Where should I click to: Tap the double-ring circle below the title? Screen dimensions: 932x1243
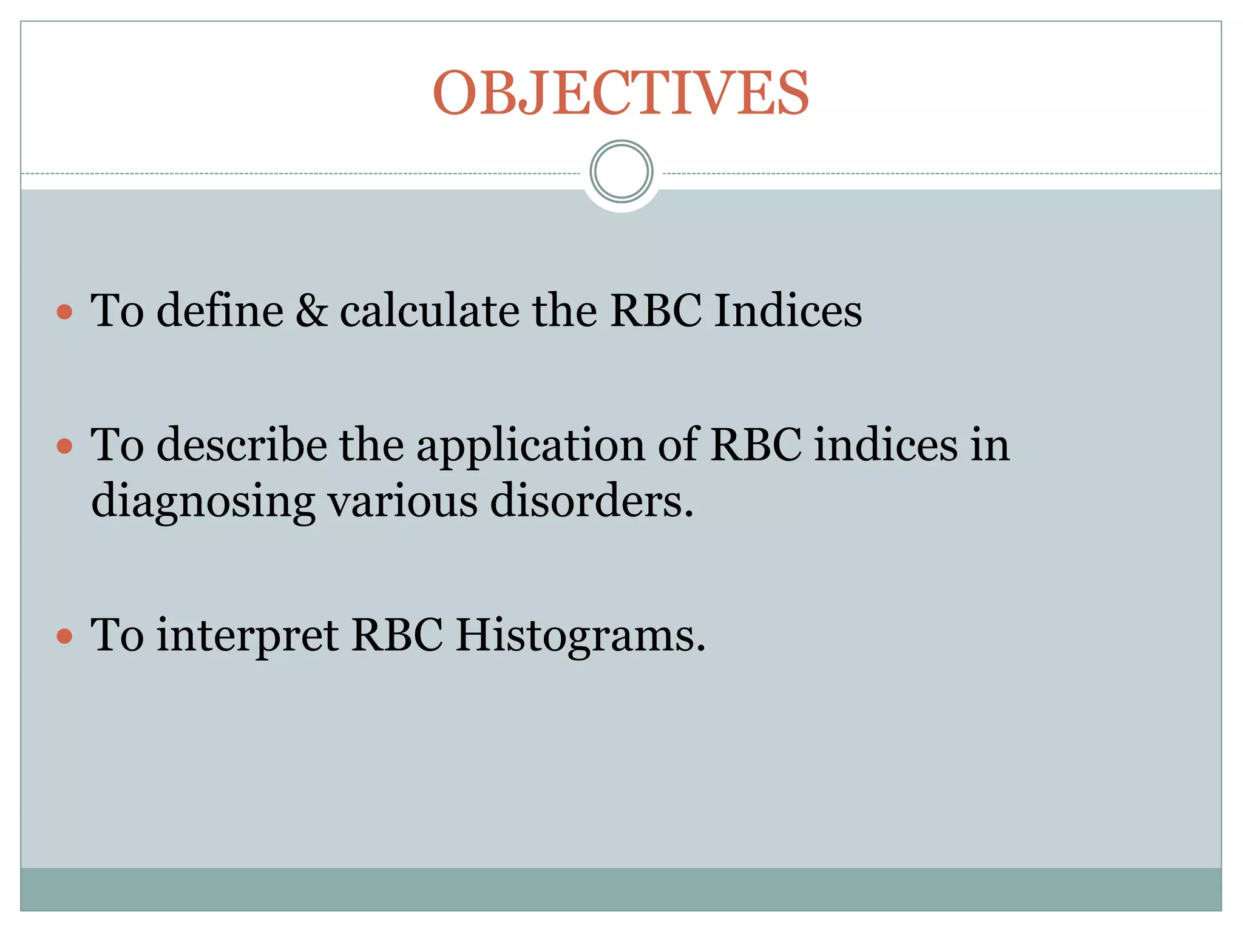[621, 171]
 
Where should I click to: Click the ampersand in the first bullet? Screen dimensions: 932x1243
[311, 311]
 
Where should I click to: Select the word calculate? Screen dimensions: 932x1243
[429, 311]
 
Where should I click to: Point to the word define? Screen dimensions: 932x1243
[220, 311]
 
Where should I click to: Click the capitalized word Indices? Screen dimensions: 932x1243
[788, 311]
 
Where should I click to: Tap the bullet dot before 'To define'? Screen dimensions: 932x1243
[64, 312]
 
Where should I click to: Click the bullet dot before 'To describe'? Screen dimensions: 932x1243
[64, 447]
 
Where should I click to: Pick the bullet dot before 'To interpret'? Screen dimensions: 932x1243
[64, 637]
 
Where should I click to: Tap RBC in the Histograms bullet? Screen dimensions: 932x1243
[397, 635]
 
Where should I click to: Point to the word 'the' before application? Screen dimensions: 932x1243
[371, 445]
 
